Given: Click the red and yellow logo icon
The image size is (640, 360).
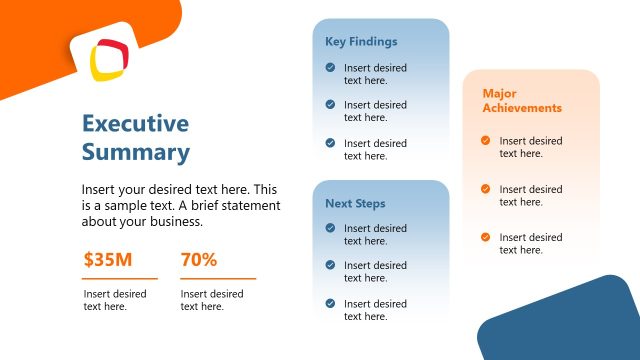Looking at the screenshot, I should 108,59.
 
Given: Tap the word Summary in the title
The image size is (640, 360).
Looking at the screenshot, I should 135,152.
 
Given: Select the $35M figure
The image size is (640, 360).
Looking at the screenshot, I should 108,260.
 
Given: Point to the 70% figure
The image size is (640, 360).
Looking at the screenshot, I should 199,260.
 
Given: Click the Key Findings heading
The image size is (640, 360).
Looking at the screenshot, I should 361,42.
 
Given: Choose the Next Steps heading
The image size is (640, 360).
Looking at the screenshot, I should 355,203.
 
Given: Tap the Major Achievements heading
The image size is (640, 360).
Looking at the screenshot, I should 522,100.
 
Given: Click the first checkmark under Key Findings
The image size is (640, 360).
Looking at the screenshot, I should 330,68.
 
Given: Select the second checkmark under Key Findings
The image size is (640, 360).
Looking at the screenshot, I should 330,104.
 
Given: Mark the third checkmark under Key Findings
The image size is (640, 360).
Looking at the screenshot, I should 330,143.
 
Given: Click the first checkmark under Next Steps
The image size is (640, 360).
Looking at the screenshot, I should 330,228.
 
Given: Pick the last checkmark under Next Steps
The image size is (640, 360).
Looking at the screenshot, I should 330,303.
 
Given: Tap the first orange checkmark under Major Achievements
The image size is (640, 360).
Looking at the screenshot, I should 486,141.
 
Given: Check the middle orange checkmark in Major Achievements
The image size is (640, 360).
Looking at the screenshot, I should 486,189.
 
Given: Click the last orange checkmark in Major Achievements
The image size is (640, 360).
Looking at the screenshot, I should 486,237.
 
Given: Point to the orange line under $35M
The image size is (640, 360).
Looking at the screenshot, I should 120,278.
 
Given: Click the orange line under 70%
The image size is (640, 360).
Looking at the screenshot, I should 218,278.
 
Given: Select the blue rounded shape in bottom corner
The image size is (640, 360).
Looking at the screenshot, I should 565,325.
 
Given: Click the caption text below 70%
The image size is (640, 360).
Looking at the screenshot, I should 212,300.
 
